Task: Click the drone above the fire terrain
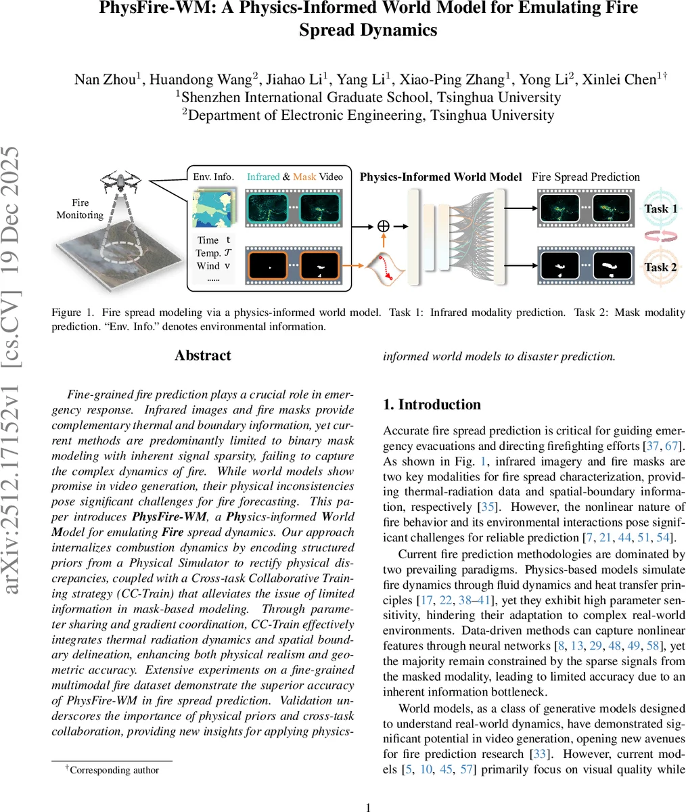pos(122,181)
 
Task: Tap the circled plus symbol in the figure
pos(383,226)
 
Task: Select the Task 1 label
pos(660,208)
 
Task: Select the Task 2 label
pos(660,267)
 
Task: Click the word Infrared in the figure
pos(263,177)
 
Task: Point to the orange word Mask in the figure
pos(304,177)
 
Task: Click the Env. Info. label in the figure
pos(213,177)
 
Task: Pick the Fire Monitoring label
pos(80,208)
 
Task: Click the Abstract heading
pos(203,356)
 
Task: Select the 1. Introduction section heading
pos(432,405)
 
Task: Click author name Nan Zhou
pos(105,79)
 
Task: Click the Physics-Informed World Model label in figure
pos(440,177)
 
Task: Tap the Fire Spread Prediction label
pos(585,177)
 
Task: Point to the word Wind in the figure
pos(208,266)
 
